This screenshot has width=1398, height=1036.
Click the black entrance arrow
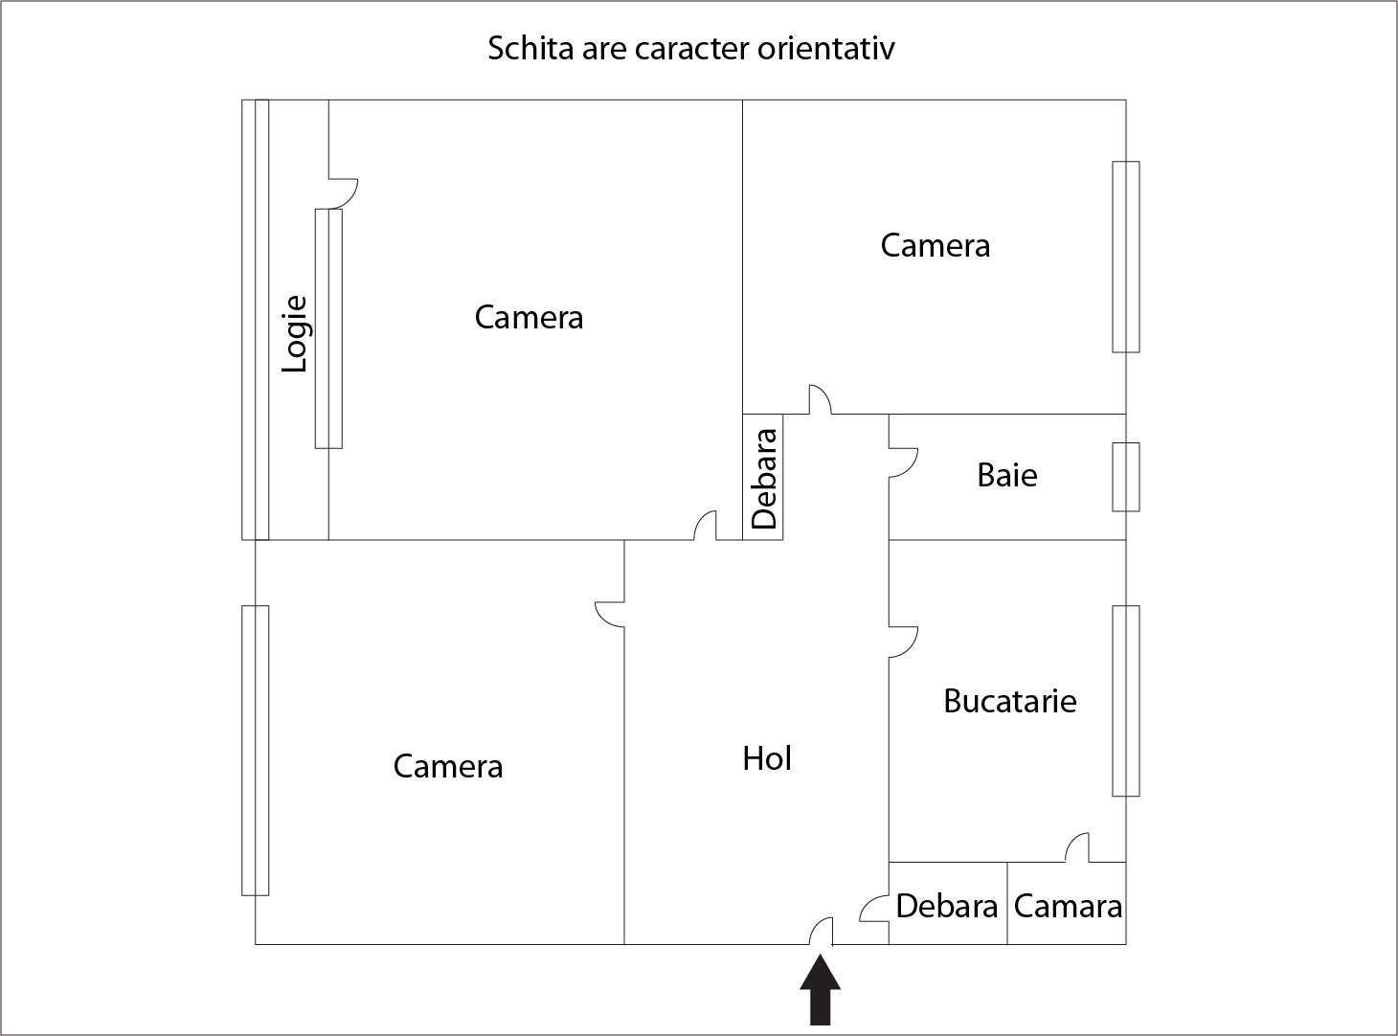[820, 990]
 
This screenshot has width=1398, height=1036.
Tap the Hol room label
[766, 758]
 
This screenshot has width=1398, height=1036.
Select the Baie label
[1007, 476]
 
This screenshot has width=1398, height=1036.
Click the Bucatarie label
[1010, 701]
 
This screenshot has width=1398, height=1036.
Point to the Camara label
[1068, 907]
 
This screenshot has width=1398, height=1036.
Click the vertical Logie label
[294, 333]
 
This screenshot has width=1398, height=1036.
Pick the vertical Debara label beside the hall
[764, 479]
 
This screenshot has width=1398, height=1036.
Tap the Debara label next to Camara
[947, 907]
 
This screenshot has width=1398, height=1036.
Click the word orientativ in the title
[825, 49]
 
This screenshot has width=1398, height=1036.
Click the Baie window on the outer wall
[1126, 477]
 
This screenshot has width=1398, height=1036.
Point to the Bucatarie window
[1126, 701]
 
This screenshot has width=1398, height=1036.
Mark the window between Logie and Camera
[328, 328]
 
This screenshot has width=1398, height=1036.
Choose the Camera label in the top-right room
[935, 246]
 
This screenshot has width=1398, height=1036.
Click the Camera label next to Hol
[447, 767]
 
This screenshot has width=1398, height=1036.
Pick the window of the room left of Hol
[256, 751]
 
